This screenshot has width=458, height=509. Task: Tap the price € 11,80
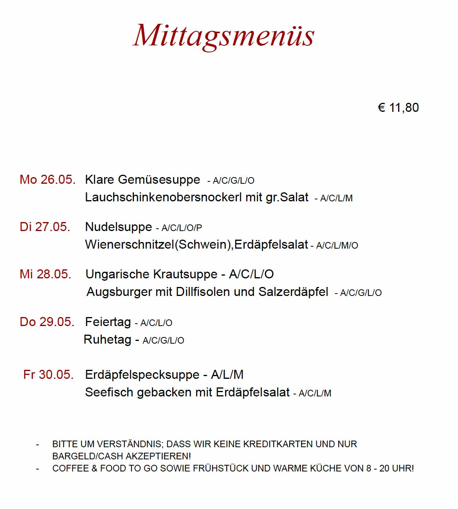[x=398, y=108]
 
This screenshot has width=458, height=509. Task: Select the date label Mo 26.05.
[x=47, y=180]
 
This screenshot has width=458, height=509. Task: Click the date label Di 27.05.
[x=45, y=227]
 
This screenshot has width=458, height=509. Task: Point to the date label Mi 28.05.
[x=45, y=274]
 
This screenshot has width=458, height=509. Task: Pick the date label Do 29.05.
[x=47, y=322]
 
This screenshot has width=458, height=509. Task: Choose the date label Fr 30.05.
[x=49, y=375]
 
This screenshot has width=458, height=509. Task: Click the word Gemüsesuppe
[x=159, y=180]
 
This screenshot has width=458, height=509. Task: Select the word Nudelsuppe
[x=119, y=227]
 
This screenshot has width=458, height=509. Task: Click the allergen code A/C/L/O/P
[x=182, y=228]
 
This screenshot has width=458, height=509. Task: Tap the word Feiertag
[x=108, y=322]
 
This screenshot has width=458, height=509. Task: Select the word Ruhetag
[x=107, y=339]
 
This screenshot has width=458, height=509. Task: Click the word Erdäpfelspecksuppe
[x=142, y=375]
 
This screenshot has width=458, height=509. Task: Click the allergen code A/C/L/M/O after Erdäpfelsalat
[x=337, y=246]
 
